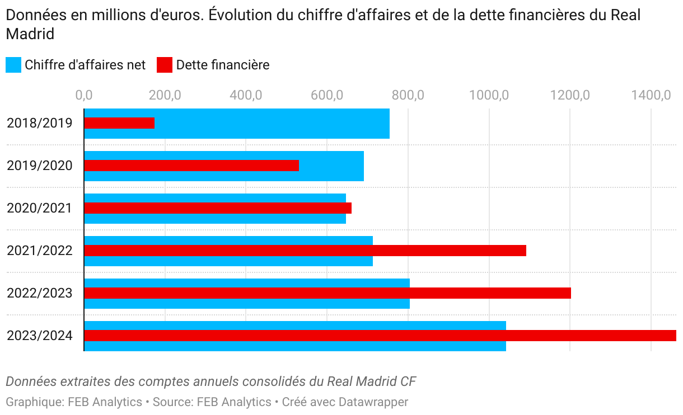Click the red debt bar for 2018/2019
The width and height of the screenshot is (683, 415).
(119, 123)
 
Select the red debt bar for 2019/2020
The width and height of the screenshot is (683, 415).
(191, 166)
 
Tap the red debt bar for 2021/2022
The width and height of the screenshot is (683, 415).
(305, 251)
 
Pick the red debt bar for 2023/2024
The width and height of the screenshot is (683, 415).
(380, 336)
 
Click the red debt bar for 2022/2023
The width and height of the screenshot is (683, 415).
(328, 293)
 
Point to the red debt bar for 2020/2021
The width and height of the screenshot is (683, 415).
(218, 208)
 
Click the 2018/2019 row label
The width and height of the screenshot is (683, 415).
(40, 123)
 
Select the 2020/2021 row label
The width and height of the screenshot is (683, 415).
(40, 208)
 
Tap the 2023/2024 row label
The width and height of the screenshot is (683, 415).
(40, 336)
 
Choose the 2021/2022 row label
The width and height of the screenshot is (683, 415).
(40, 251)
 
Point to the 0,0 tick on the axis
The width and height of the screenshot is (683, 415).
(84, 96)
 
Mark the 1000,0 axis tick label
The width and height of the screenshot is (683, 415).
(489, 96)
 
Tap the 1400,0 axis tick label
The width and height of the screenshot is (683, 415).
(651, 96)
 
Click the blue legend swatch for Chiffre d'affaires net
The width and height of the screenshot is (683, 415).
(13, 65)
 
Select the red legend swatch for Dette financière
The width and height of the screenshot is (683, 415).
(165, 65)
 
